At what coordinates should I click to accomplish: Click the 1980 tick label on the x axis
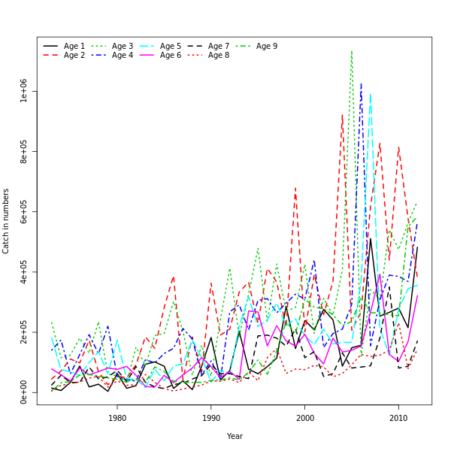click(117, 418)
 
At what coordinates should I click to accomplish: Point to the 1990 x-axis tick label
click(211, 418)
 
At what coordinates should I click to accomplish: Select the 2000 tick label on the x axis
click(305, 418)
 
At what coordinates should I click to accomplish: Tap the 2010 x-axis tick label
click(398, 418)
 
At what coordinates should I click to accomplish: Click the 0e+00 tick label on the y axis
click(24, 392)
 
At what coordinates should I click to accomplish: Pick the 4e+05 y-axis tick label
click(24, 272)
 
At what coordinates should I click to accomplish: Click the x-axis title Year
click(235, 436)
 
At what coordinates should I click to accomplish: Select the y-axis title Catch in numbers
click(7, 221)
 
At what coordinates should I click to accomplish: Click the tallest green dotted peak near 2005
click(351, 51)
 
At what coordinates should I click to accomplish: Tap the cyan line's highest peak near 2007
click(370, 94)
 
